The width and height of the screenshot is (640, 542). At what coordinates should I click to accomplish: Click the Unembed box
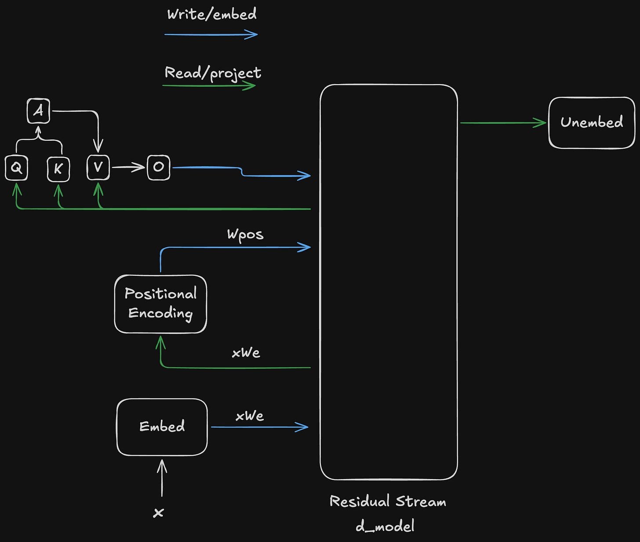[592, 123]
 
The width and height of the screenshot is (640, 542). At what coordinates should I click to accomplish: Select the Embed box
[162, 427]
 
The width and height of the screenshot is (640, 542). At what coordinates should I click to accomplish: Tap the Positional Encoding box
[160, 304]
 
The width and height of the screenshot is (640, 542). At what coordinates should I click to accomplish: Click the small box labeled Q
[16, 168]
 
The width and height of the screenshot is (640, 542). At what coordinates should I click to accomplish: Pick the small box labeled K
[58, 168]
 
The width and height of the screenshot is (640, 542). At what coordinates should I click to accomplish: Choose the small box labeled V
[98, 168]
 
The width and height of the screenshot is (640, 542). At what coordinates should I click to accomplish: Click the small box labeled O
[158, 167]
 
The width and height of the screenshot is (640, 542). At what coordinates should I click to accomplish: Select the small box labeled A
[38, 111]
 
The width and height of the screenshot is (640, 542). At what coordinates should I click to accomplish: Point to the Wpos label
[245, 234]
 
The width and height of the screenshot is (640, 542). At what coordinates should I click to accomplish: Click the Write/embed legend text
[212, 14]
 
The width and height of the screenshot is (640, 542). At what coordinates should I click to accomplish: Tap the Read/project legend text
[213, 73]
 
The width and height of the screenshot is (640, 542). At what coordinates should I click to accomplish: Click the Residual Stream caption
[388, 502]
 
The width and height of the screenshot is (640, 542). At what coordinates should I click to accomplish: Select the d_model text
[385, 526]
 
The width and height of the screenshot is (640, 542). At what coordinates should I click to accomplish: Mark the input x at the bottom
[159, 513]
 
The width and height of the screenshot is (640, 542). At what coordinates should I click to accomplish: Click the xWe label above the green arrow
[246, 353]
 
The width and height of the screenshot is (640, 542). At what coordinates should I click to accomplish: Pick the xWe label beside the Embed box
[250, 416]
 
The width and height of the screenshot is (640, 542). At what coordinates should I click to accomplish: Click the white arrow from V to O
[128, 167]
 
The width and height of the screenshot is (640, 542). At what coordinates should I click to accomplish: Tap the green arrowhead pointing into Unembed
[541, 123]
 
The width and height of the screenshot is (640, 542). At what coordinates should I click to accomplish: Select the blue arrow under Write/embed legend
[211, 34]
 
